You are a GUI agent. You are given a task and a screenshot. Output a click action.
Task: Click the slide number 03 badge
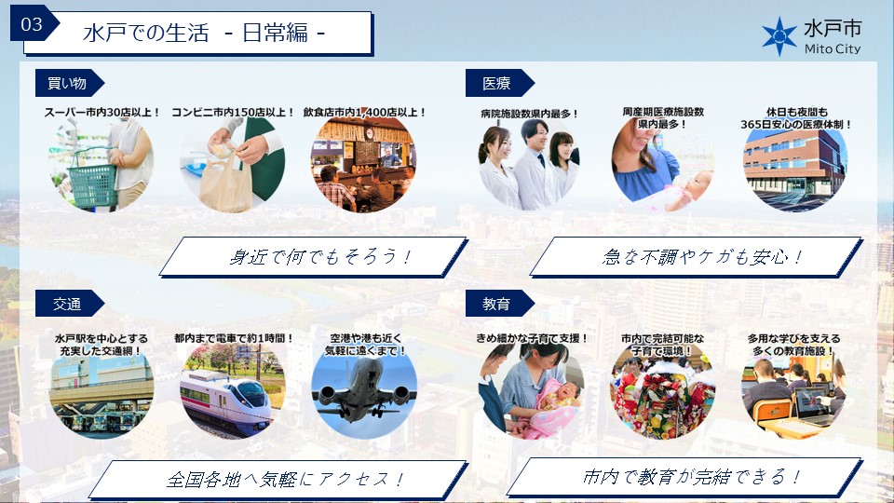pos(32,24)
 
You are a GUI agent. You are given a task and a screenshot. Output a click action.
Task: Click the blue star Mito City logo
pos(779,36)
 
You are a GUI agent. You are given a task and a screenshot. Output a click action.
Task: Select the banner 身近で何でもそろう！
pos(313,257)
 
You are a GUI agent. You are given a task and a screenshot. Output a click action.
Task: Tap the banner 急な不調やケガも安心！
pos(697,257)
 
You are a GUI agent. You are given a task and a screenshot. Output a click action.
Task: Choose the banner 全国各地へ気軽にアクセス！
pos(278,479)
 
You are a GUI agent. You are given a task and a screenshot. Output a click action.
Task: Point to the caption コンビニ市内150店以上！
pos(233,113)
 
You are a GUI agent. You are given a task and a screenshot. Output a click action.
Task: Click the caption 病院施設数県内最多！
pos(529,114)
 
